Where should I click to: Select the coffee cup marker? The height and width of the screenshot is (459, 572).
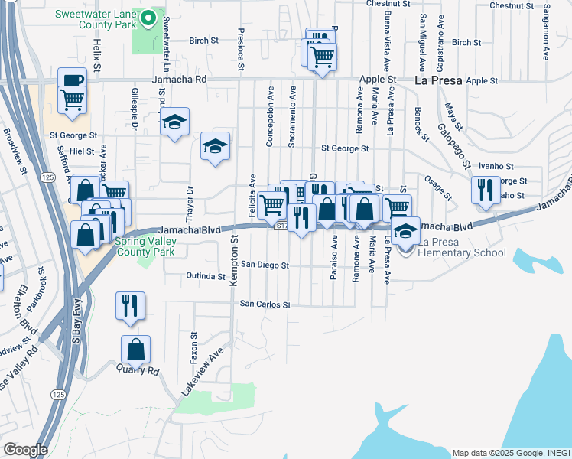pos(72,80)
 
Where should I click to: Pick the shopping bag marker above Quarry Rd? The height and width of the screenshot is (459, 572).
pos(135,350)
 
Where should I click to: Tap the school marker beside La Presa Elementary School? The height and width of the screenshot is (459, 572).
pos(406,230)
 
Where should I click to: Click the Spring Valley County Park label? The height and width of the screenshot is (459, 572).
pos(145,246)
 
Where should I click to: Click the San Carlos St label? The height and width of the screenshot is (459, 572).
pos(265,304)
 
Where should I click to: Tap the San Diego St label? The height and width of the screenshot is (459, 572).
pos(265,265)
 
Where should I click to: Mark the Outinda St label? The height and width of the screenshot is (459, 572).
pos(206,276)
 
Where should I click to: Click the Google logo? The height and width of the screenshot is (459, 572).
pos(25,450)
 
